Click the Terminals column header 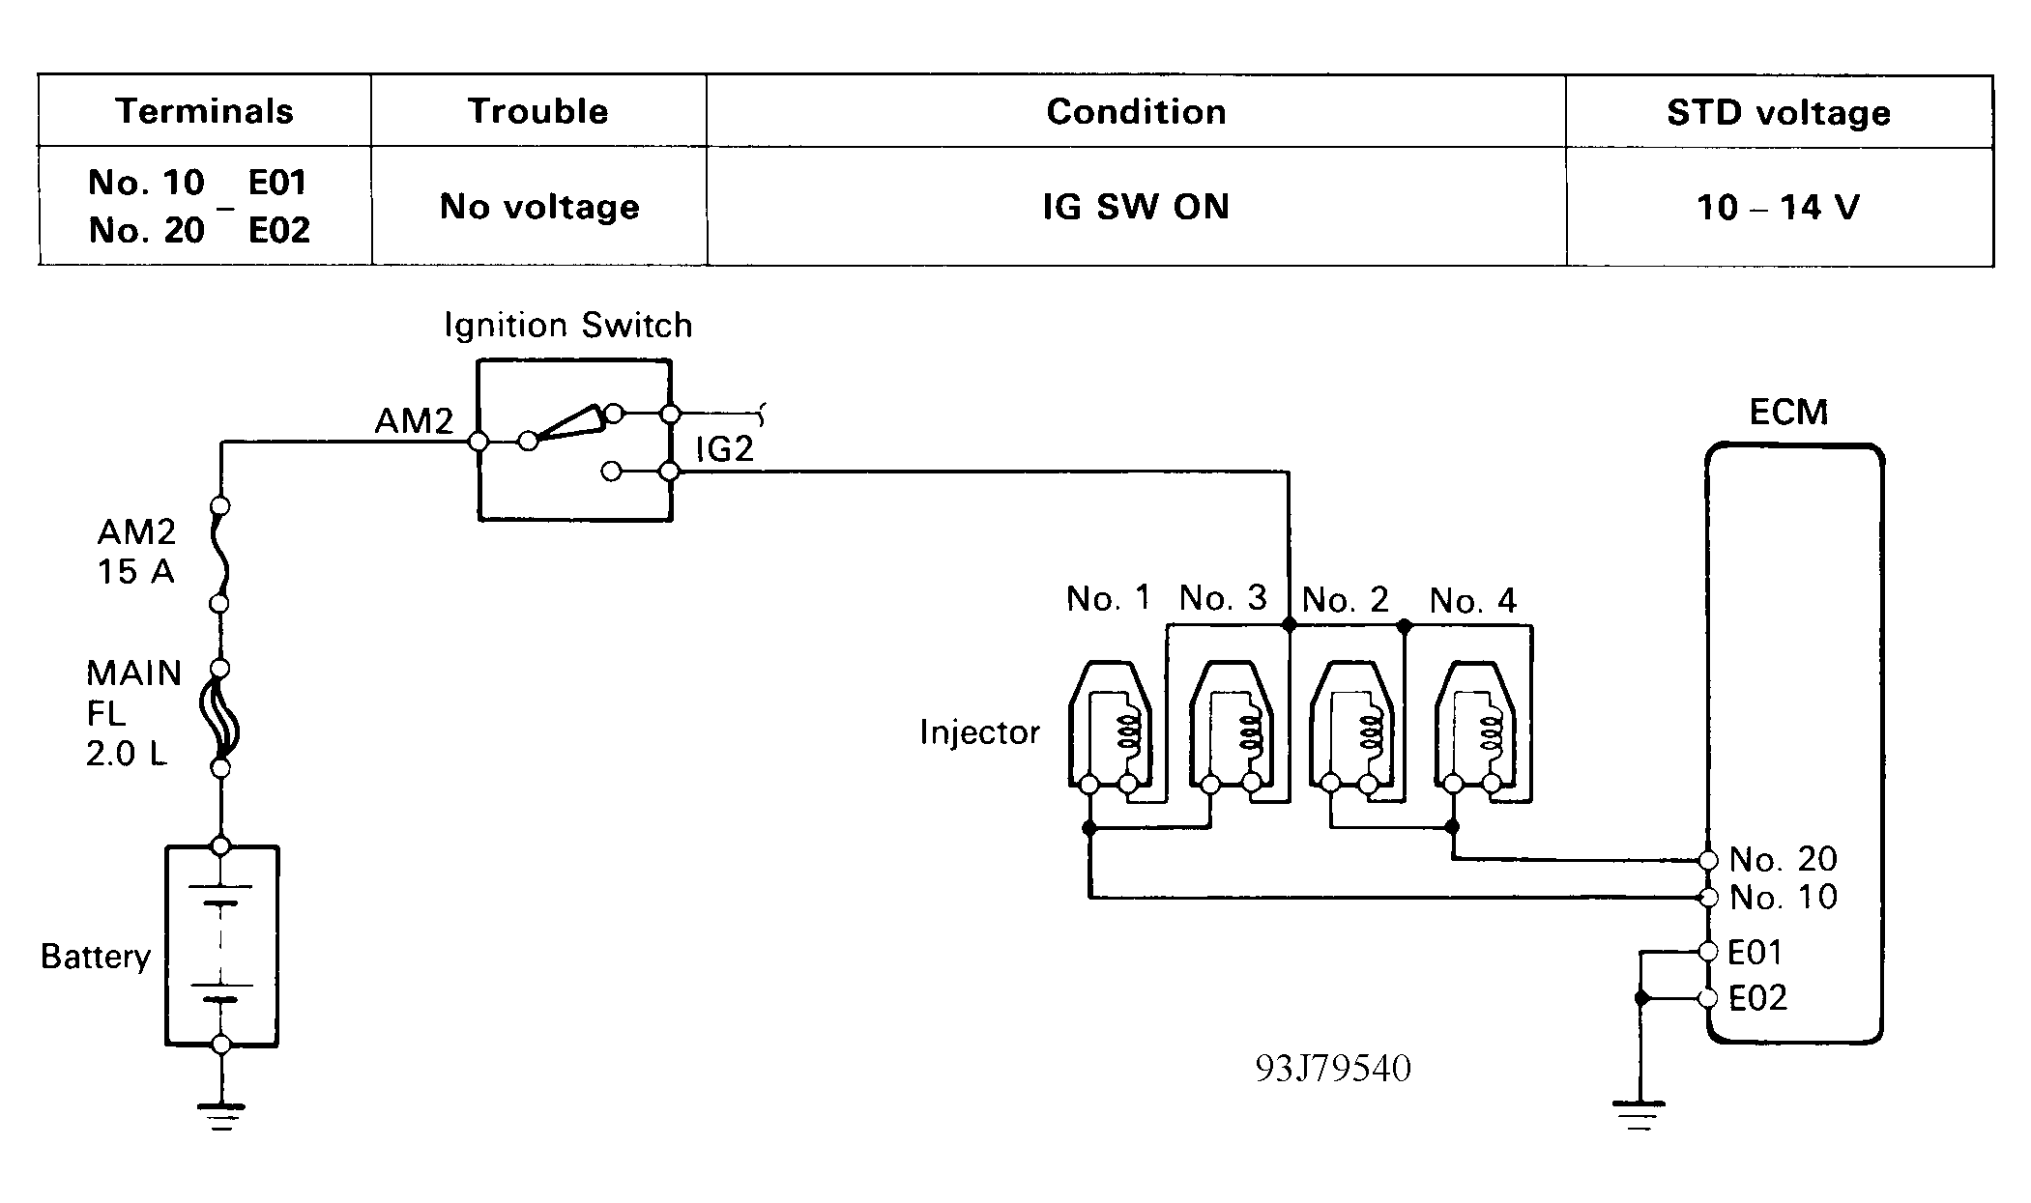(x=204, y=111)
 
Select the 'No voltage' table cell (x=539, y=206)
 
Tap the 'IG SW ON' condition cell (x=1136, y=206)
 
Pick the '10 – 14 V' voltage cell (x=1778, y=207)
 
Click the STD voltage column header (x=1779, y=112)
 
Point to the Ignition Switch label (x=568, y=326)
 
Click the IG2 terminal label (x=724, y=449)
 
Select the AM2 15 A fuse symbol (x=220, y=556)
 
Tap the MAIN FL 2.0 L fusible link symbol (x=220, y=718)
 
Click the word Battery (x=96, y=957)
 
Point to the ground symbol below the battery (x=221, y=1115)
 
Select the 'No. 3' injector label (x=1223, y=598)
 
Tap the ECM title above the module (x=1789, y=413)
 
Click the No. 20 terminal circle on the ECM (x=1708, y=860)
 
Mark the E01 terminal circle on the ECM (x=1708, y=953)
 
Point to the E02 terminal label (x=1757, y=998)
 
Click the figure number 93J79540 (x=1333, y=1068)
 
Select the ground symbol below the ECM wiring (x=1640, y=1115)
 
